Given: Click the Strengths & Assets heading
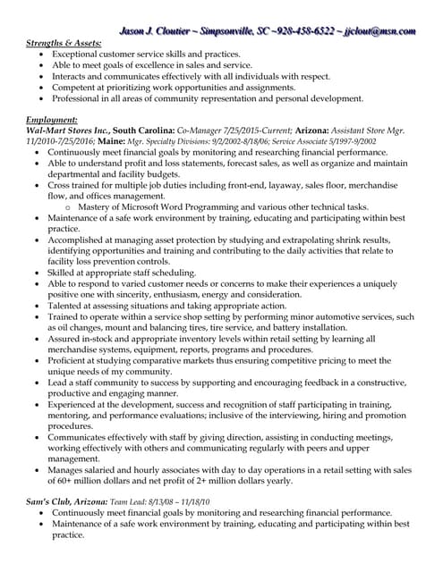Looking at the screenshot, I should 64,43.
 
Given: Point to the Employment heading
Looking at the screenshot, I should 52,119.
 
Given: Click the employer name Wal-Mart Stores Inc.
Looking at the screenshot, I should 67,130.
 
